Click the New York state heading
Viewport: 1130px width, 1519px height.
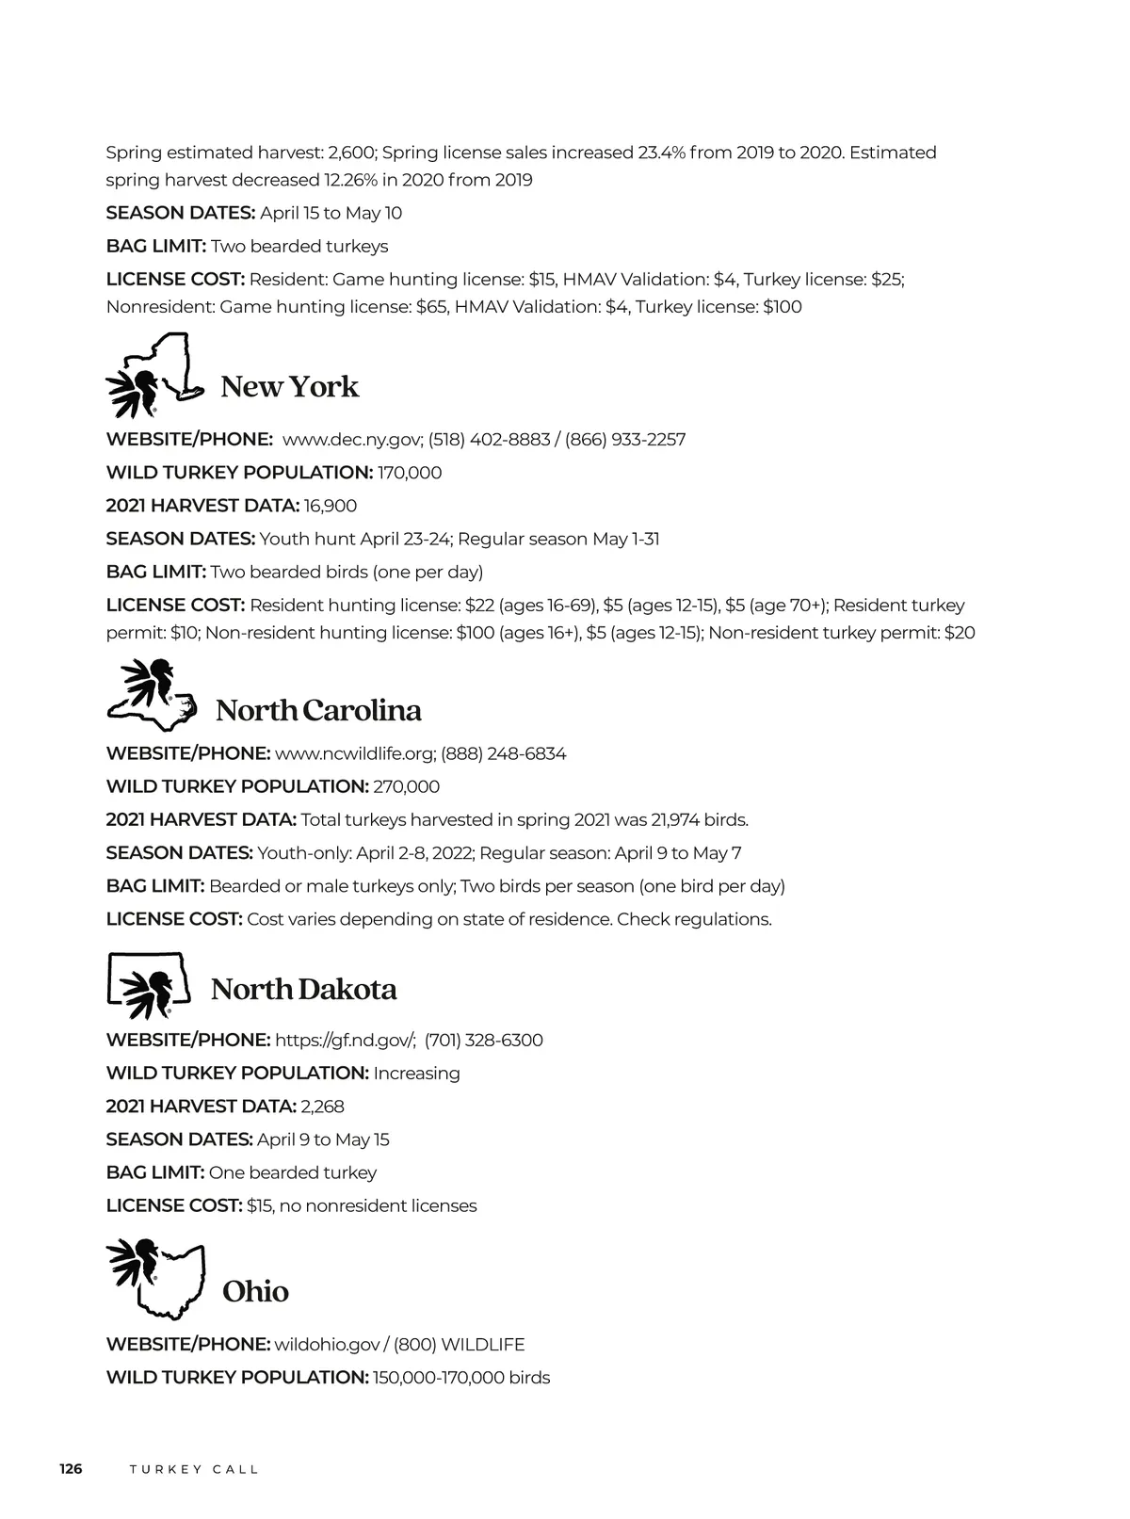point(289,387)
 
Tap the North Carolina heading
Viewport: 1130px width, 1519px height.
point(318,710)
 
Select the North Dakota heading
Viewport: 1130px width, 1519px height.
point(303,990)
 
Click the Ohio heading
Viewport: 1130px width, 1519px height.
point(255,1291)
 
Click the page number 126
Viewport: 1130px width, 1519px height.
point(71,1469)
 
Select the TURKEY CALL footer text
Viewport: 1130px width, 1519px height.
point(194,1470)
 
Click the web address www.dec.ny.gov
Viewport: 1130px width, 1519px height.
point(351,440)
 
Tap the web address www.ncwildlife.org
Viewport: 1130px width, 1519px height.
point(354,753)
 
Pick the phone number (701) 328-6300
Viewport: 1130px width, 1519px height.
point(483,1041)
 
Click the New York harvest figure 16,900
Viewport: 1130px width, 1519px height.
point(331,506)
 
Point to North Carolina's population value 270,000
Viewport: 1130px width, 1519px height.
point(407,786)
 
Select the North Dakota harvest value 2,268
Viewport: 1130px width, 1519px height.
point(322,1107)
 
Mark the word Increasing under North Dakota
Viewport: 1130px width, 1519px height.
point(416,1074)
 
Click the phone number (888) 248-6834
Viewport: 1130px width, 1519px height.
point(504,753)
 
